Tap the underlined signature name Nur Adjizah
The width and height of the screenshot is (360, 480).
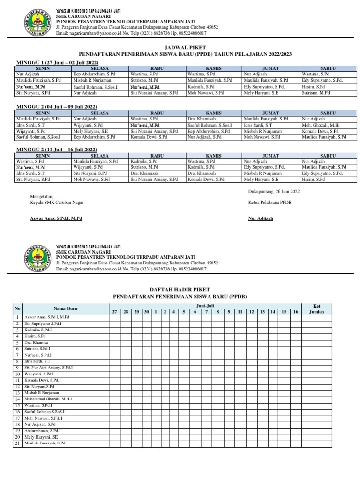click(260, 218)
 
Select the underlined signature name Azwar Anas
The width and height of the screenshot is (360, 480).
click(56, 218)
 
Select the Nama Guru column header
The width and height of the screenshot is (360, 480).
click(65, 308)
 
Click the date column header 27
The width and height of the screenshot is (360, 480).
click(113, 312)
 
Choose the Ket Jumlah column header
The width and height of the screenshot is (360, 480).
click(316, 308)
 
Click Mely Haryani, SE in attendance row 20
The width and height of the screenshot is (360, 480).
click(43, 437)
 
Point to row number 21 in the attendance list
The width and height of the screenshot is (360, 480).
click(17, 443)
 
